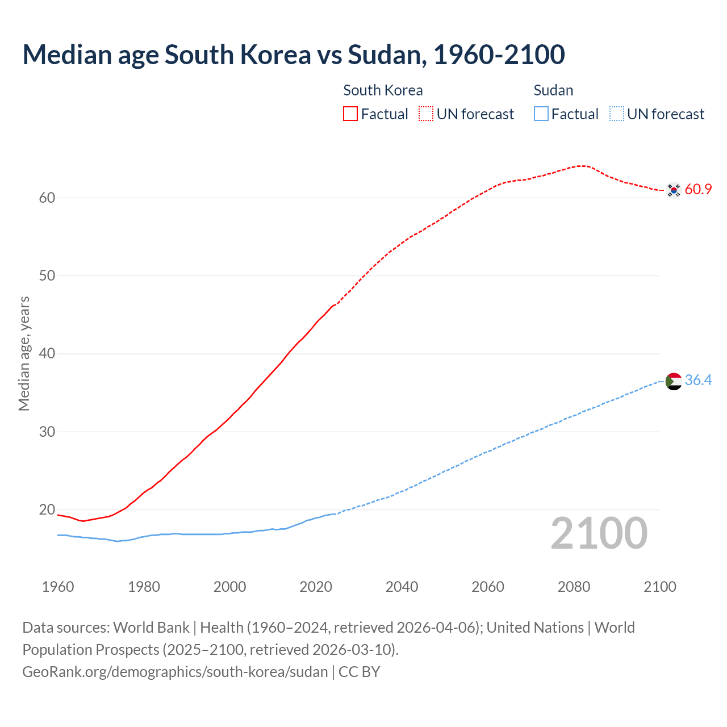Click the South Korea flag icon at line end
(674, 190)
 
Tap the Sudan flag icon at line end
(674, 381)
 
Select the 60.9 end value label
(698, 190)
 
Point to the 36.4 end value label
(698, 381)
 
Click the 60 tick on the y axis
(47, 198)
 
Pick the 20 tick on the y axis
(47, 509)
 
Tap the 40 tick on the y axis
(47, 354)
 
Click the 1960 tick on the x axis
(58, 587)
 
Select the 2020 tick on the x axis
(316, 587)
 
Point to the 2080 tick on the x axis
(574, 587)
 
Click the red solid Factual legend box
(350, 114)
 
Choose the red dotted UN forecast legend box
(426, 114)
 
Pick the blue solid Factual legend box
(541, 114)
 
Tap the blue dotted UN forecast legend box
(616, 114)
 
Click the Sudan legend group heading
(553, 90)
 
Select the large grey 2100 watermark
(599, 533)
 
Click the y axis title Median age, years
(24, 353)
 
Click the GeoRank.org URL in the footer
(175, 671)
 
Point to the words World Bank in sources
(151, 628)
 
